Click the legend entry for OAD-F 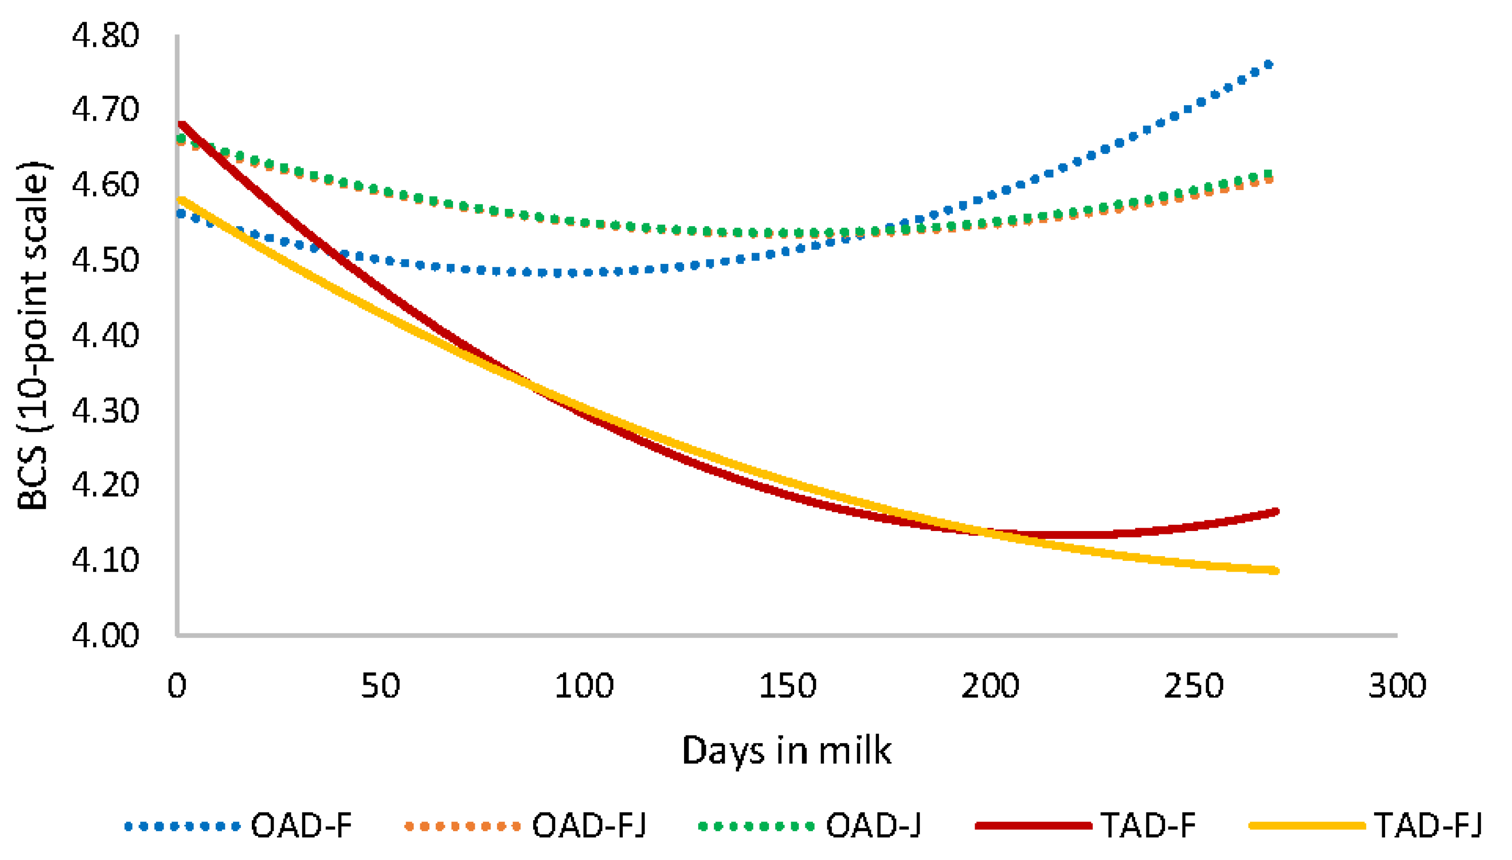301,826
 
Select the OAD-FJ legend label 589,826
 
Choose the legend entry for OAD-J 873,826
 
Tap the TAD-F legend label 1148,826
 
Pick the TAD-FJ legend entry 1428,826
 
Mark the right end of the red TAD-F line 1277,511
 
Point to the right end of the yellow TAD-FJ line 1277,571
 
